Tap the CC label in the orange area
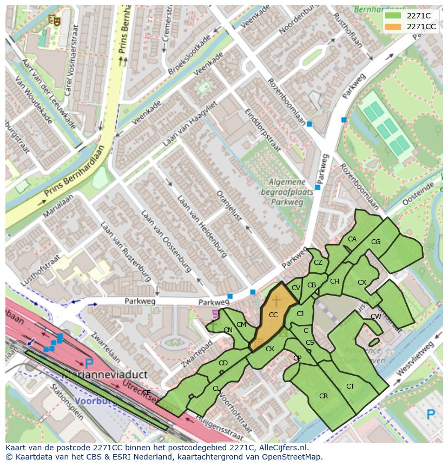tap(273, 315)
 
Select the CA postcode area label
tap(352, 239)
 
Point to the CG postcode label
tap(376, 242)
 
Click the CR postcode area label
tap(324, 396)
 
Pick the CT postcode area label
tap(350, 386)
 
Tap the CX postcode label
tap(362, 283)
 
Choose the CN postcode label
tap(228, 330)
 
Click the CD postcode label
tap(223, 363)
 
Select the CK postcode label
tap(270, 349)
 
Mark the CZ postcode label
tap(318, 262)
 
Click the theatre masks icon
tap(54, 20)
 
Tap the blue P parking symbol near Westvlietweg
tap(431, 415)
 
